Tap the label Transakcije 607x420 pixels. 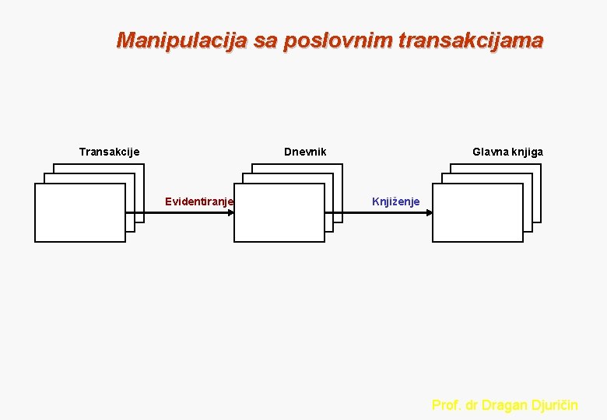click(109, 152)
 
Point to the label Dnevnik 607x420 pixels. click(305, 152)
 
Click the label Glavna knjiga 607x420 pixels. click(507, 152)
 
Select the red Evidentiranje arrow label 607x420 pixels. click(199, 202)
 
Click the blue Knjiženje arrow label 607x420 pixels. click(395, 202)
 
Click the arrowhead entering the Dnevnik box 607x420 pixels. click(230, 212)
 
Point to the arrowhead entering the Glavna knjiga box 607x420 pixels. click(429, 212)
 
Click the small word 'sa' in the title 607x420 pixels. click(265, 40)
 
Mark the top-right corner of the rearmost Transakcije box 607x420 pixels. click(144, 164)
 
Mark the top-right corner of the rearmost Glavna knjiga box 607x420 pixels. click(542, 164)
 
